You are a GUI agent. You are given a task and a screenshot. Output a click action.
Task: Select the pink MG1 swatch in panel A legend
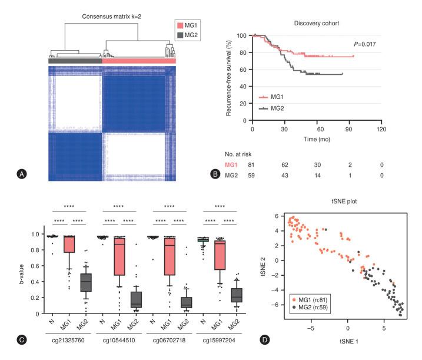click(x=180, y=26)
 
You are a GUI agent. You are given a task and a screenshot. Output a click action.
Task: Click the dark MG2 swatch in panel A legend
click(x=180, y=37)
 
